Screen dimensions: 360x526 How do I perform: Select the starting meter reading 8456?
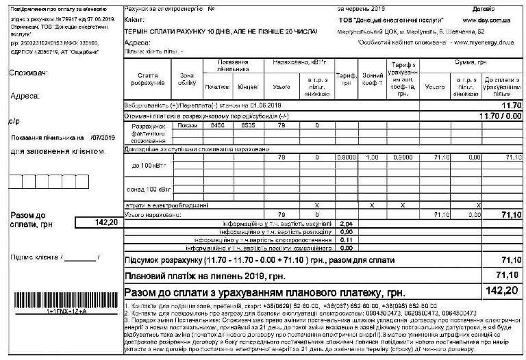[217, 126]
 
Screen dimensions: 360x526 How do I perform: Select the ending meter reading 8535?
[247, 126]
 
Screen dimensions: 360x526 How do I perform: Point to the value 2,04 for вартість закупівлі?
[347, 224]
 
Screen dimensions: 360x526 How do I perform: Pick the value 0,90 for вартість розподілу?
[347, 232]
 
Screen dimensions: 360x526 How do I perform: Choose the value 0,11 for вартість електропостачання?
[347, 240]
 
